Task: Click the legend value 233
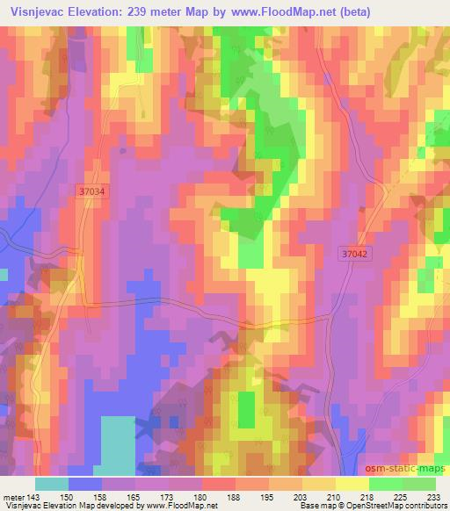click(433, 496)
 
